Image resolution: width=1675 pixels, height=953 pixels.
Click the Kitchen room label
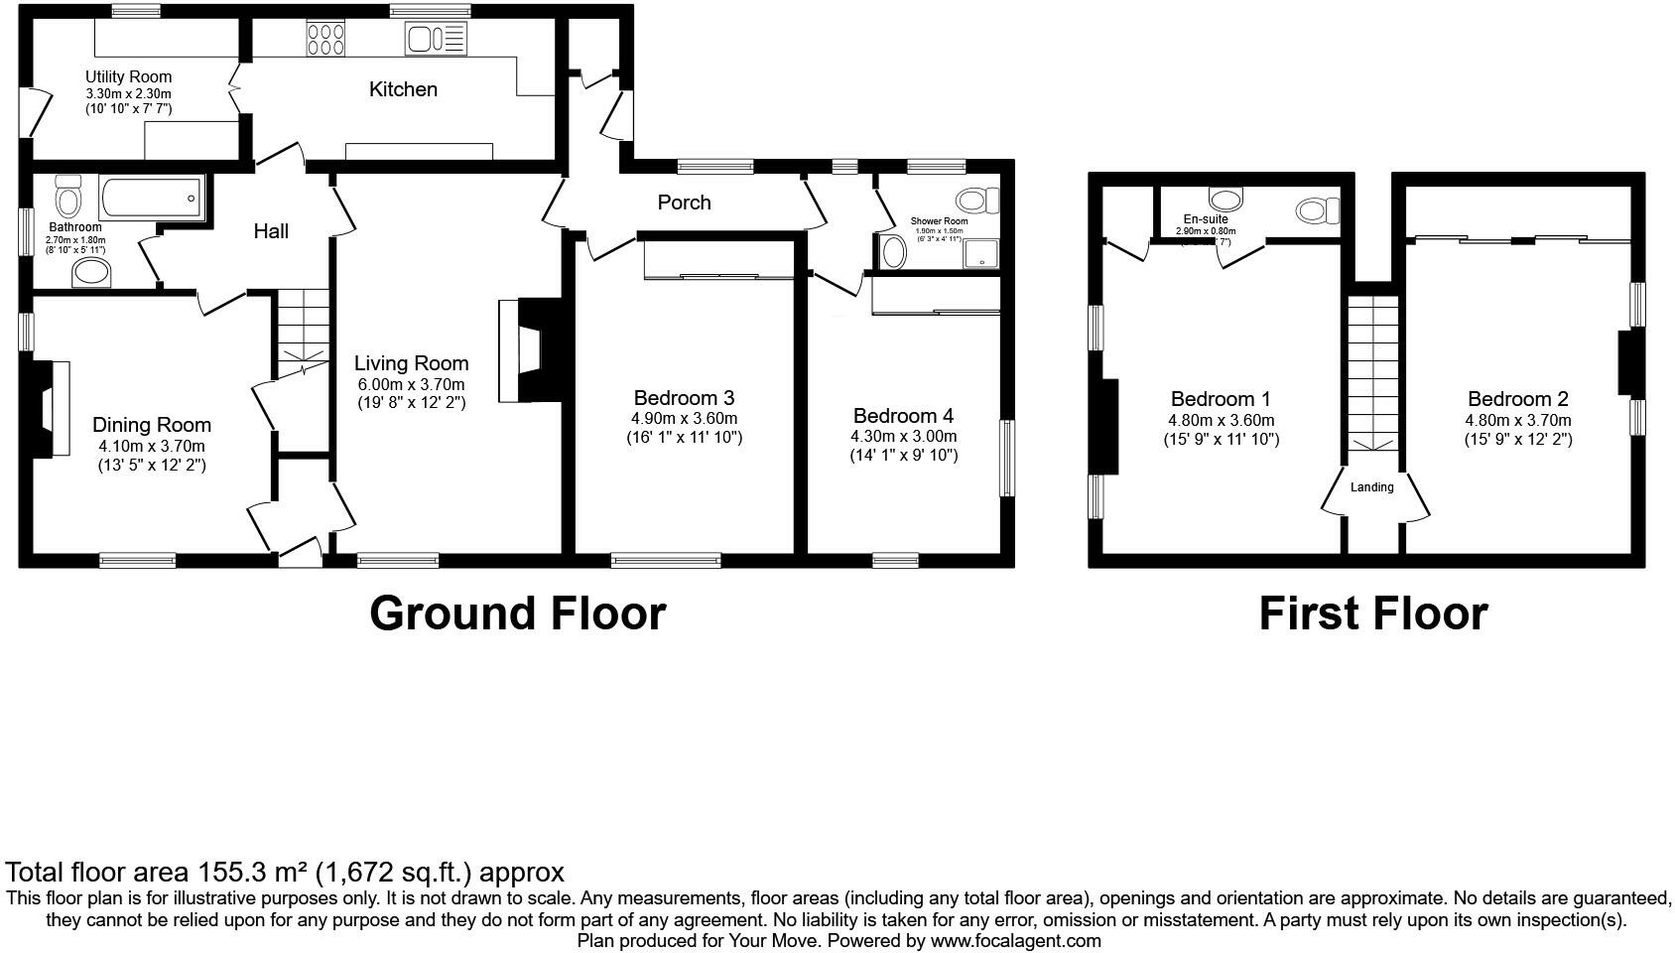pos(403,89)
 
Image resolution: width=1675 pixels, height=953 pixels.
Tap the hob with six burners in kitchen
pos(326,40)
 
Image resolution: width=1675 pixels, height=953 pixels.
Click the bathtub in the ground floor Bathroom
pos(151,199)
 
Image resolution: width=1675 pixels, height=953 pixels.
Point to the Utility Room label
pos(128,76)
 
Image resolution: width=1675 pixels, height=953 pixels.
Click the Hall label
pos(271,231)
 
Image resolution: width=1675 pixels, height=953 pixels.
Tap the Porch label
pos(684,203)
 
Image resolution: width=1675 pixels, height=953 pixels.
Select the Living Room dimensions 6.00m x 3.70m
pos(411,385)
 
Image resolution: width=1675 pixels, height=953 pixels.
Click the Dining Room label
pos(152,425)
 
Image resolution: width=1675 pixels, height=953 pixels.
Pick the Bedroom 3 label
pos(684,398)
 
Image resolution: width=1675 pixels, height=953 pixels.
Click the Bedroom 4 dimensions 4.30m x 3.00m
pos(903,436)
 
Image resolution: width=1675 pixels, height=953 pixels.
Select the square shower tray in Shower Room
pos(981,251)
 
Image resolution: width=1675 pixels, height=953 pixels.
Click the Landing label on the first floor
pos(1371,487)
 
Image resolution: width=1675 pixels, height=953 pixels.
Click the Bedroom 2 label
pos(1517,399)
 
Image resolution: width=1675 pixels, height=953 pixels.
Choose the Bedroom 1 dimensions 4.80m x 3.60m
pos(1221,420)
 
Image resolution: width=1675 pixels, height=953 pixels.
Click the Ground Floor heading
pos(517,613)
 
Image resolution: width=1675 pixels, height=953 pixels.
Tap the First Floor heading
pos(1372,613)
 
